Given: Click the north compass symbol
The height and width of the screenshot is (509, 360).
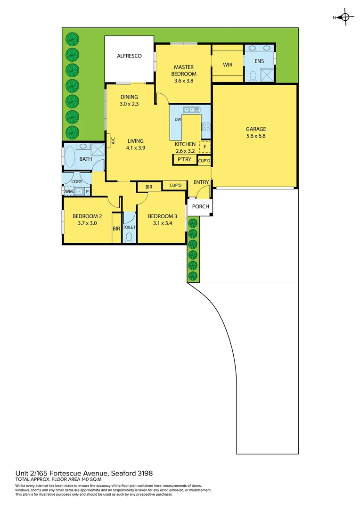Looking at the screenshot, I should (x=345, y=17).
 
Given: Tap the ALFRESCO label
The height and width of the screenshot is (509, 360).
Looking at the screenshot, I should (x=129, y=56).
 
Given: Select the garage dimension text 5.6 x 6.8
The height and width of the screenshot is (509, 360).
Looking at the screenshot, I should (x=256, y=136).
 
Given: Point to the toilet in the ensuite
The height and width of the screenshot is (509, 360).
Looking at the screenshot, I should (x=252, y=75).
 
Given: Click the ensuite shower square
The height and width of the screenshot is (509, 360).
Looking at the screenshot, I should (x=267, y=74).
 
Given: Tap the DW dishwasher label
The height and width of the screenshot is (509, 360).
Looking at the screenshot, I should (x=178, y=120).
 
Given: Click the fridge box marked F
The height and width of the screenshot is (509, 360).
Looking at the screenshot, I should (x=205, y=147).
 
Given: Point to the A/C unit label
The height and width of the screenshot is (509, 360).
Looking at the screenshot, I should (x=113, y=140).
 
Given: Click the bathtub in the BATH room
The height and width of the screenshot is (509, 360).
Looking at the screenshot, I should (x=70, y=157).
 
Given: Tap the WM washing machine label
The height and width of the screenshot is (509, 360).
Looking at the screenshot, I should (x=68, y=191).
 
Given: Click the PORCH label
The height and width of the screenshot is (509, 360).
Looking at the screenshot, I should (x=200, y=207).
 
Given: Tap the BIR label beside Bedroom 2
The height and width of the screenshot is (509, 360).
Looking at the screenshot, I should (x=116, y=229).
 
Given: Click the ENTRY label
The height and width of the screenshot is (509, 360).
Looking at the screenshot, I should (x=201, y=182).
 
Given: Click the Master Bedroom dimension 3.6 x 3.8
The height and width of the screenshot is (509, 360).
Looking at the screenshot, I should (x=183, y=81).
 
